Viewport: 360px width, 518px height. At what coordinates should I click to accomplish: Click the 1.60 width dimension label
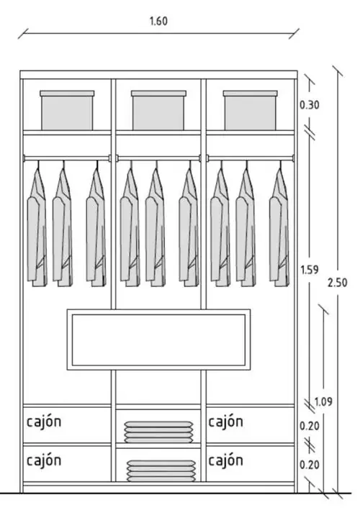tap(158, 21)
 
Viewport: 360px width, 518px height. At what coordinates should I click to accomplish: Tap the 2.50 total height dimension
tap(338, 283)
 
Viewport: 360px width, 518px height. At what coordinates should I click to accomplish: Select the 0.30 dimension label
tap(310, 105)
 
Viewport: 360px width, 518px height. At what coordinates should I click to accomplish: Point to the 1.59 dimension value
tap(310, 270)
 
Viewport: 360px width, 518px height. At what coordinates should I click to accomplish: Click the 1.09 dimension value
tap(323, 401)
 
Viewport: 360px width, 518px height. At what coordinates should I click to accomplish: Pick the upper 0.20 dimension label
tap(310, 426)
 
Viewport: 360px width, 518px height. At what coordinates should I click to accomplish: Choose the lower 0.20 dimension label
tap(310, 465)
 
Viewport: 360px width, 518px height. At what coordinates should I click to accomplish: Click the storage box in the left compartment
tap(67, 110)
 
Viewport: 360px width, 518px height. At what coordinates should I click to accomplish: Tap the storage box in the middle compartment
tap(158, 110)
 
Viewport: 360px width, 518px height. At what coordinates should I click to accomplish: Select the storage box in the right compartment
tap(251, 110)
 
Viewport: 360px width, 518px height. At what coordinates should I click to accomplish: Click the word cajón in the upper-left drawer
tap(44, 421)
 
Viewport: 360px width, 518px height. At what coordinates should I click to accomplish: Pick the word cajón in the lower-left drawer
tap(44, 460)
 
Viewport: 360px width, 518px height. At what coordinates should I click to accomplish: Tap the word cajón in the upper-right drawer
tap(226, 421)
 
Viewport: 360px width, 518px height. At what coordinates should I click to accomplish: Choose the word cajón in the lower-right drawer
tap(226, 460)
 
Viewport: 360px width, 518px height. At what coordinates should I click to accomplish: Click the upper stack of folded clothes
tap(158, 432)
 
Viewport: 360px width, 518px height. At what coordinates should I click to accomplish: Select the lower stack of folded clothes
tap(161, 471)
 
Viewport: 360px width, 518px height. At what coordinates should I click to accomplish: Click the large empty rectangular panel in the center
tap(158, 340)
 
